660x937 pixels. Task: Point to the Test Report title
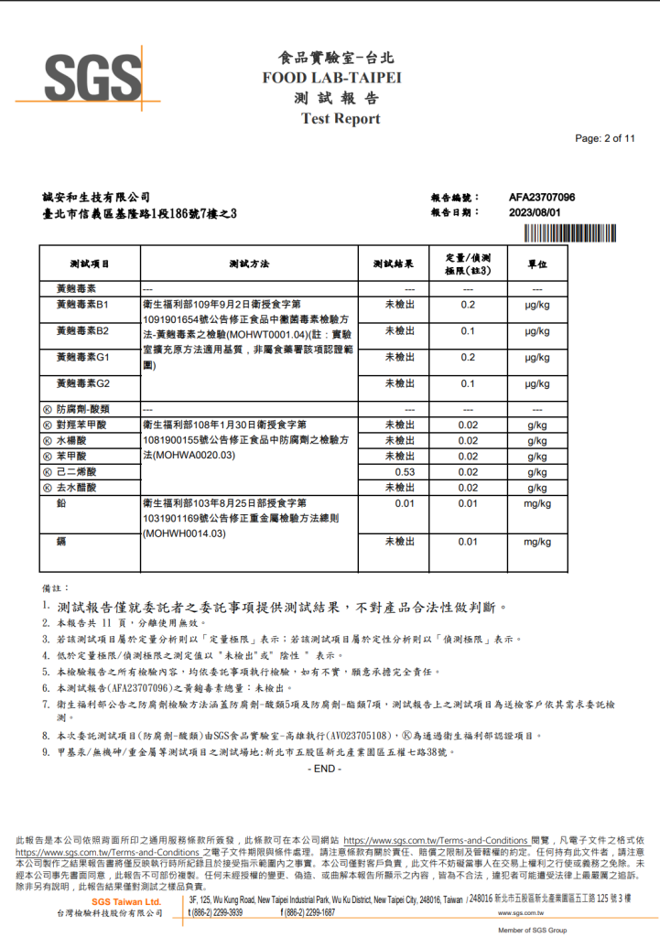click(x=340, y=119)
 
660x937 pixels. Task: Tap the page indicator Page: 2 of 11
click(x=605, y=139)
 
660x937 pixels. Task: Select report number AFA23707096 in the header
click(x=542, y=197)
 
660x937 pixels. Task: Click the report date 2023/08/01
click(x=535, y=212)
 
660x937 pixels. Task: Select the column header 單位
click(x=537, y=264)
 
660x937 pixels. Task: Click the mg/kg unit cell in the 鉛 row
click(x=537, y=503)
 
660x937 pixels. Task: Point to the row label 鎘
click(x=61, y=542)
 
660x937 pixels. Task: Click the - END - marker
click(x=325, y=769)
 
